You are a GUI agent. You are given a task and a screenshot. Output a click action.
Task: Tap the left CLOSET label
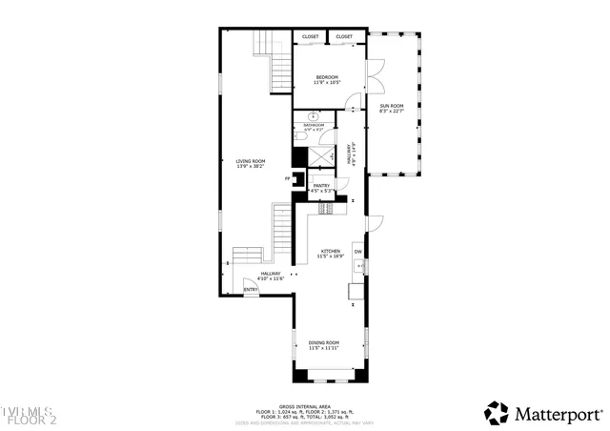pyautogui.click(x=311, y=36)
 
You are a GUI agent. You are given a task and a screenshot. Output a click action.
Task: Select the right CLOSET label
pyautogui.click(x=344, y=36)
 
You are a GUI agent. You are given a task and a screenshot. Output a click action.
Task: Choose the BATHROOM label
pyautogui.click(x=314, y=125)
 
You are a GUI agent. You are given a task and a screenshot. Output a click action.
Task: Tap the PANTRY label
pyautogui.click(x=322, y=186)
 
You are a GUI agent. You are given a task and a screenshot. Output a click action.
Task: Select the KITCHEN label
pyautogui.click(x=330, y=252)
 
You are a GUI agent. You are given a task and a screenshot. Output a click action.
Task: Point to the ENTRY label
pyautogui.click(x=251, y=290)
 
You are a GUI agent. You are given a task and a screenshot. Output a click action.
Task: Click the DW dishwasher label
pyautogui.click(x=358, y=252)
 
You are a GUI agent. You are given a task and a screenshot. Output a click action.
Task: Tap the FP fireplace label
pyautogui.click(x=287, y=178)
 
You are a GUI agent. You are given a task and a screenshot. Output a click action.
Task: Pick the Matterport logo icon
pyautogui.click(x=497, y=412)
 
